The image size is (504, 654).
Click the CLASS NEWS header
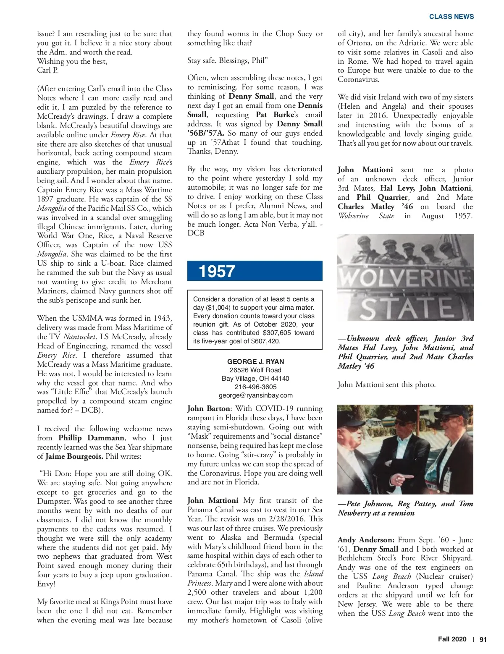coord(451,17)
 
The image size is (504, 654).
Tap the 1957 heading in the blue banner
coord(217,272)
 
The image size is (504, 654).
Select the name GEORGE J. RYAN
coord(255,361)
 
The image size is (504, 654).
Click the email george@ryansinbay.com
coord(255,395)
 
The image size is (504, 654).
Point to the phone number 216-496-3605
coord(255,387)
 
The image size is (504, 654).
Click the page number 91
coord(483,639)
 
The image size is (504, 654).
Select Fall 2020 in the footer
coord(452,639)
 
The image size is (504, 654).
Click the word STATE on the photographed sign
coord(406,309)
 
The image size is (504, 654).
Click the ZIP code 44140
coord(279,378)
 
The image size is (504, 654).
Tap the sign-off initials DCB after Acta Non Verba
coord(196,233)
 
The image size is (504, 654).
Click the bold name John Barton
coord(208,408)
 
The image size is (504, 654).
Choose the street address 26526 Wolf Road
coord(255,370)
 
